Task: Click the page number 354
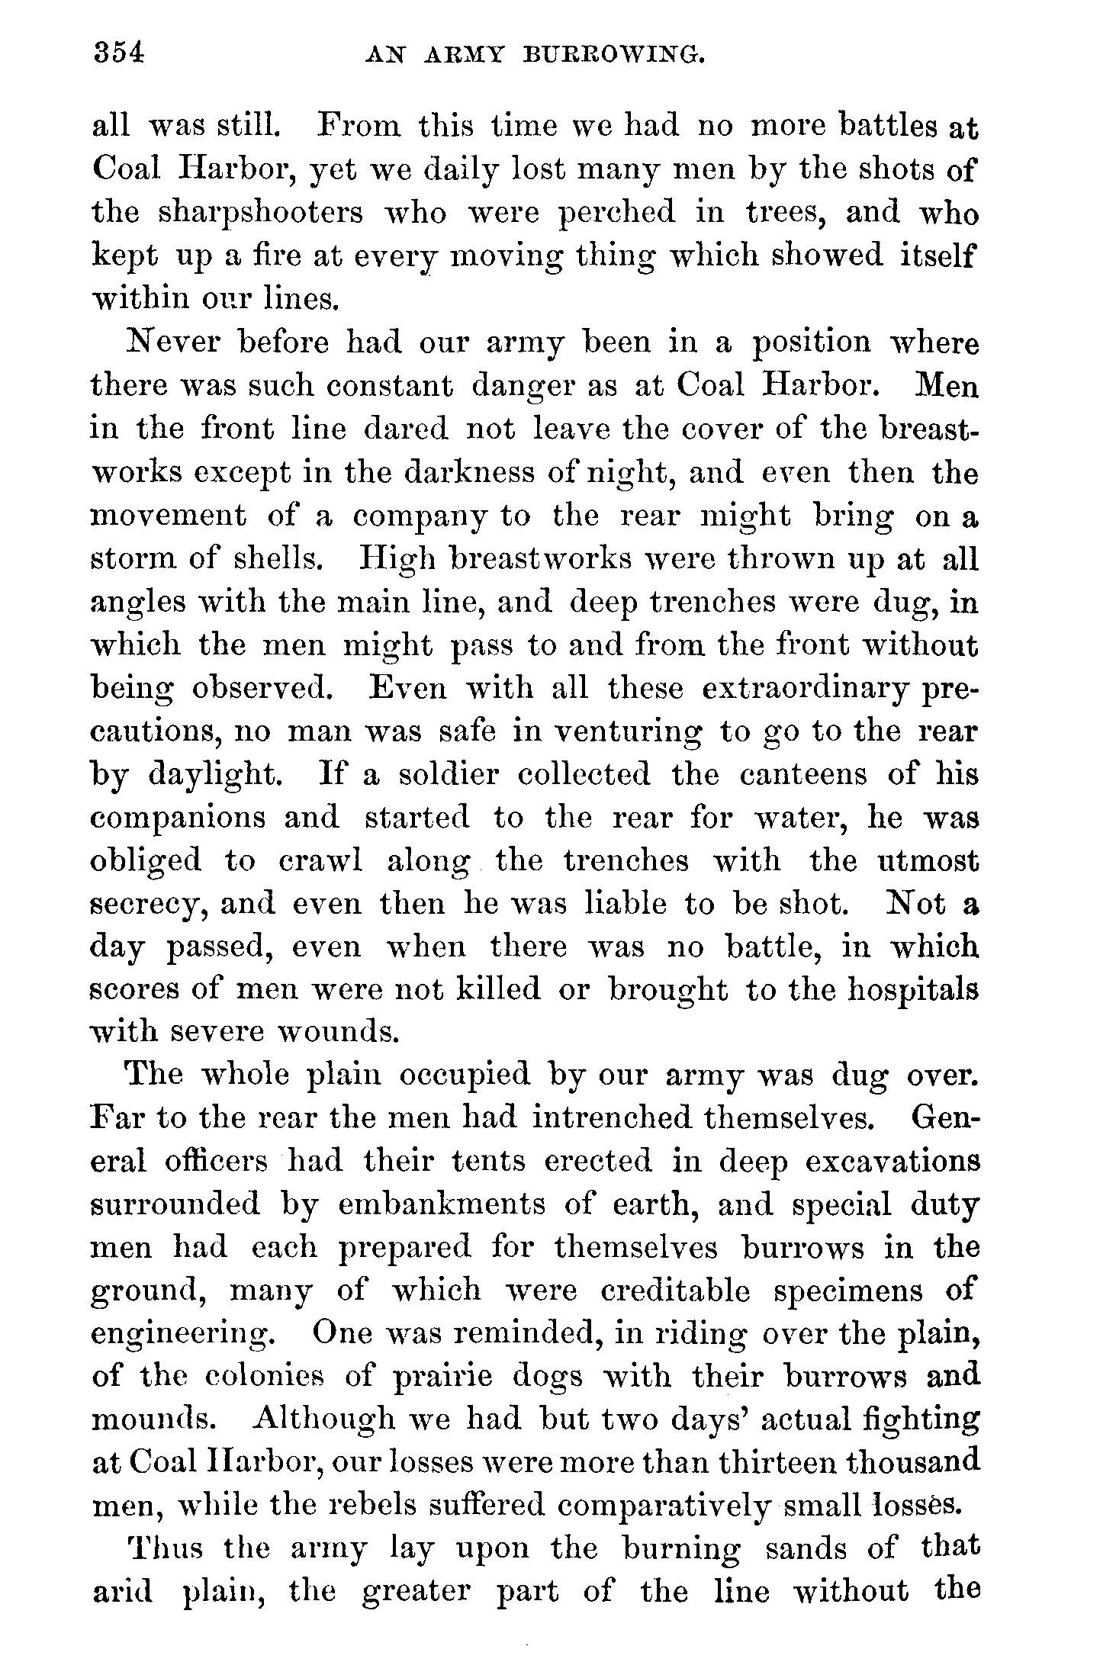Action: pos(118,53)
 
